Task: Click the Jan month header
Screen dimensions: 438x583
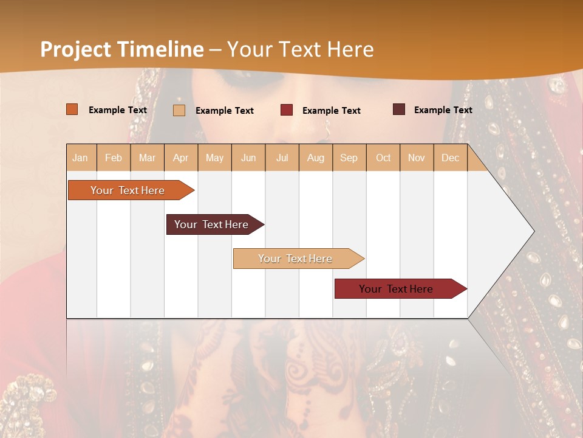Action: pyautogui.click(x=81, y=158)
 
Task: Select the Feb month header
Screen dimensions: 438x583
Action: pyautogui.click(x=114, y=158)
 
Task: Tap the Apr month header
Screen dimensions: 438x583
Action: pyautogui.click(x=181, y=158)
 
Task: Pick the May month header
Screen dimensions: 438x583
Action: pyautogui.click(x=214, y=158)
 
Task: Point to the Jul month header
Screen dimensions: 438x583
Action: pyautogui.click(x=282, y=158)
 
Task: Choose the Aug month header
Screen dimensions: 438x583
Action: pyautogui.click(x=316, y=158)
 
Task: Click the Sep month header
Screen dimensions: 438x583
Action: pyautogui.click(x=349, y=158)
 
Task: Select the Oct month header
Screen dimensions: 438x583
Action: pyautogui.click(x=383, y=158)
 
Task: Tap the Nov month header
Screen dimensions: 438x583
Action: pyautogui.click(x=417, y=158)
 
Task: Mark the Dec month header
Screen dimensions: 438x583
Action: pyautogui.click(x=451, y=158)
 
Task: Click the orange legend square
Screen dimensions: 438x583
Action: pyautogui.click(x=72, y=109)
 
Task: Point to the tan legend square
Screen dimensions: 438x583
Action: pyautogui.click(x=179, y=110)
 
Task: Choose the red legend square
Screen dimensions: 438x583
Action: pyautogui.click(x=287, y=110)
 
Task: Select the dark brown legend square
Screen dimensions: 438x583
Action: pyautogui.click(x=398, y=109)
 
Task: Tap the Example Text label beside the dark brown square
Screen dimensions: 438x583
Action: pyautogui.click(x=443, y=109)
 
